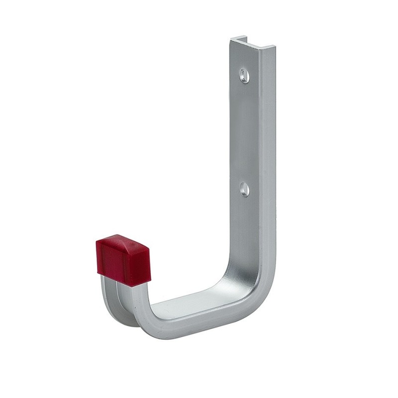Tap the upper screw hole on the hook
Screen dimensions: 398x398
243,75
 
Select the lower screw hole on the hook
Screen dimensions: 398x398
244,189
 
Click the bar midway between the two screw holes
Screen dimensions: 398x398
245,132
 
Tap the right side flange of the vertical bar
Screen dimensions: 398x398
267,149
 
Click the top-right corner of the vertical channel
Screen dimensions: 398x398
272,50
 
